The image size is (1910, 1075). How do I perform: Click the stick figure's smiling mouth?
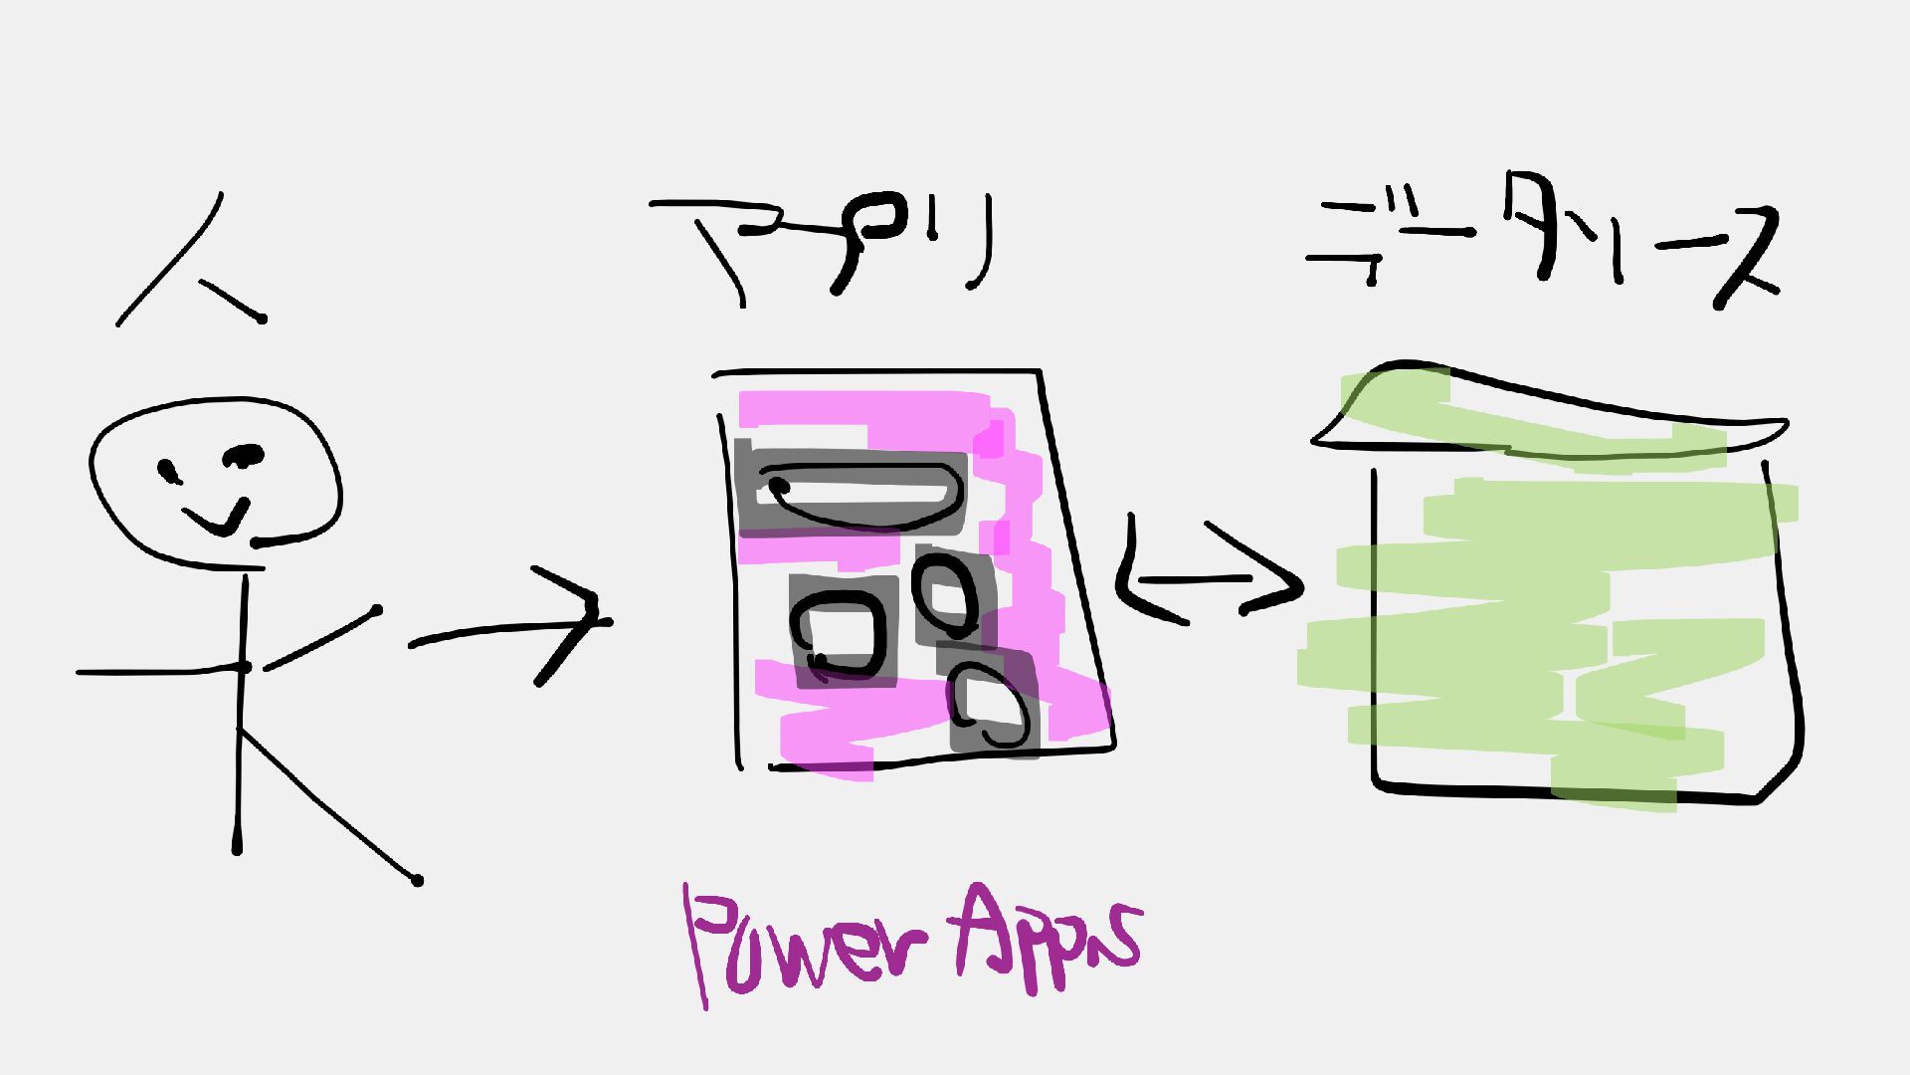pyautogui.click(x=217, y=518)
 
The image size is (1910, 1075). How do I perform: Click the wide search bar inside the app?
pyautogui.click(x=856, y=494)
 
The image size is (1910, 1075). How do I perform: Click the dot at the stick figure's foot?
pyautogui.click(x=417, y=880)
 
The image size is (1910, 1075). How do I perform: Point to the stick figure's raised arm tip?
pyautogui.click(x=375, y=609)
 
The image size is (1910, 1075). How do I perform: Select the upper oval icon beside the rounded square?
pyautogui.click(x=951, y=594)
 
